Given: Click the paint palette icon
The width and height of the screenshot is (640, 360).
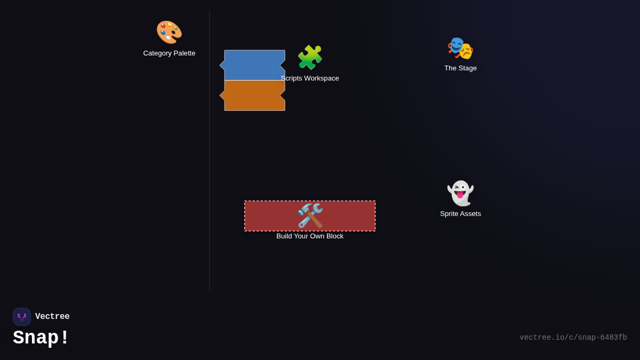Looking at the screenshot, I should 169,32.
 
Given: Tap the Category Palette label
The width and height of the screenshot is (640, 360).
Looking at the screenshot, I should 169,53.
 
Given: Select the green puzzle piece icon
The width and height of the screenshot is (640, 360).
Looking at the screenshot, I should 310,57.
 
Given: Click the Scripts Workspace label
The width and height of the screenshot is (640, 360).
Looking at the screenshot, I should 310,78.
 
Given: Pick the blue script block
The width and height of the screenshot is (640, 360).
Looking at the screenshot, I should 253,65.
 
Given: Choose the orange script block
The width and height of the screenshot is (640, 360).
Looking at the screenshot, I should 253,95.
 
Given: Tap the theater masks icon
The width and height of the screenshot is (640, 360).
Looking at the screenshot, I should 460,48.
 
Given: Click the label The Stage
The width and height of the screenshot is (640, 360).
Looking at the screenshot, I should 460,68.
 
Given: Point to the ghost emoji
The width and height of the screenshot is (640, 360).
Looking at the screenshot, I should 460,193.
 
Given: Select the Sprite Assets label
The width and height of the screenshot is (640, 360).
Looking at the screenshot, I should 460,214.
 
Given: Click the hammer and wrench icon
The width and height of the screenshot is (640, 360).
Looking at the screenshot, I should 310,215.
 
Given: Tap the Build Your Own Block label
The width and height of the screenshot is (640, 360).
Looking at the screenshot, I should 310,236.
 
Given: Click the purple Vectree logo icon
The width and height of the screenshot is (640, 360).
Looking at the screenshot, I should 22,317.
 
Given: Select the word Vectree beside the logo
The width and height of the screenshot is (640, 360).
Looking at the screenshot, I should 52,317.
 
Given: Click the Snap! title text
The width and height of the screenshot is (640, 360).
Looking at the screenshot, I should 41,338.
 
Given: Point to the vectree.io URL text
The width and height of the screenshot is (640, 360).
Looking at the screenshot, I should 573,338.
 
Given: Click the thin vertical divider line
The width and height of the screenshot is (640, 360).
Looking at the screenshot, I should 210,160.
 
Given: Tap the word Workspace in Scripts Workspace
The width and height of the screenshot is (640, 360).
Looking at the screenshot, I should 321,78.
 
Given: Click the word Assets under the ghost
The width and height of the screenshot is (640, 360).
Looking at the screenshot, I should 469,214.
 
